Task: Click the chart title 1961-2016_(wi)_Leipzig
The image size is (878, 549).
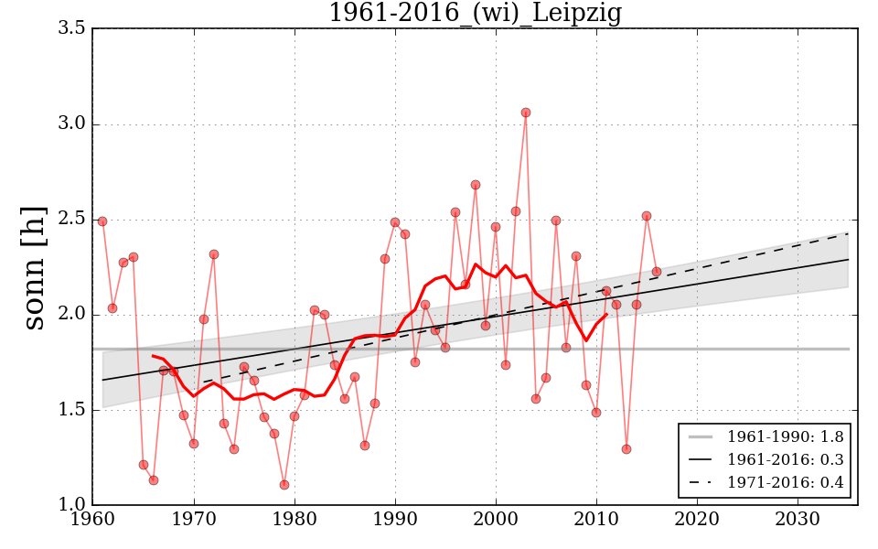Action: tap(475, 14)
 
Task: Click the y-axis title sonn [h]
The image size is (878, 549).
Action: tap(35, 267)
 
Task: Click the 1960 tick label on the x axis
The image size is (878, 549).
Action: tap(92, 521)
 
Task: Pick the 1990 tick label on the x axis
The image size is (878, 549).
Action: tap(395, 521)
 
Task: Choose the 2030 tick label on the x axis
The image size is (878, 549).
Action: tap(798, 521)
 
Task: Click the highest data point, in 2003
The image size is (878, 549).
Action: tap(526, 113)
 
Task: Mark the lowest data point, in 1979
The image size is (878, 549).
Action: tap(284, 485)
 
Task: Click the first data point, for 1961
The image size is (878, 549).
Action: tap(102, 221)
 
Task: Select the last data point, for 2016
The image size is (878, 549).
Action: tap(657, 272)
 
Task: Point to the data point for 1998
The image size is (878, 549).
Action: tap(476, 185)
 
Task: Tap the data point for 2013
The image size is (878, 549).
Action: tap(626, 449)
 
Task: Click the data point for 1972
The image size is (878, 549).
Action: tap(214, 254)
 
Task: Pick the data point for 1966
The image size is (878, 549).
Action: tap(154, 480)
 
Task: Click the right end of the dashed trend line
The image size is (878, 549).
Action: tap(848, 233)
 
